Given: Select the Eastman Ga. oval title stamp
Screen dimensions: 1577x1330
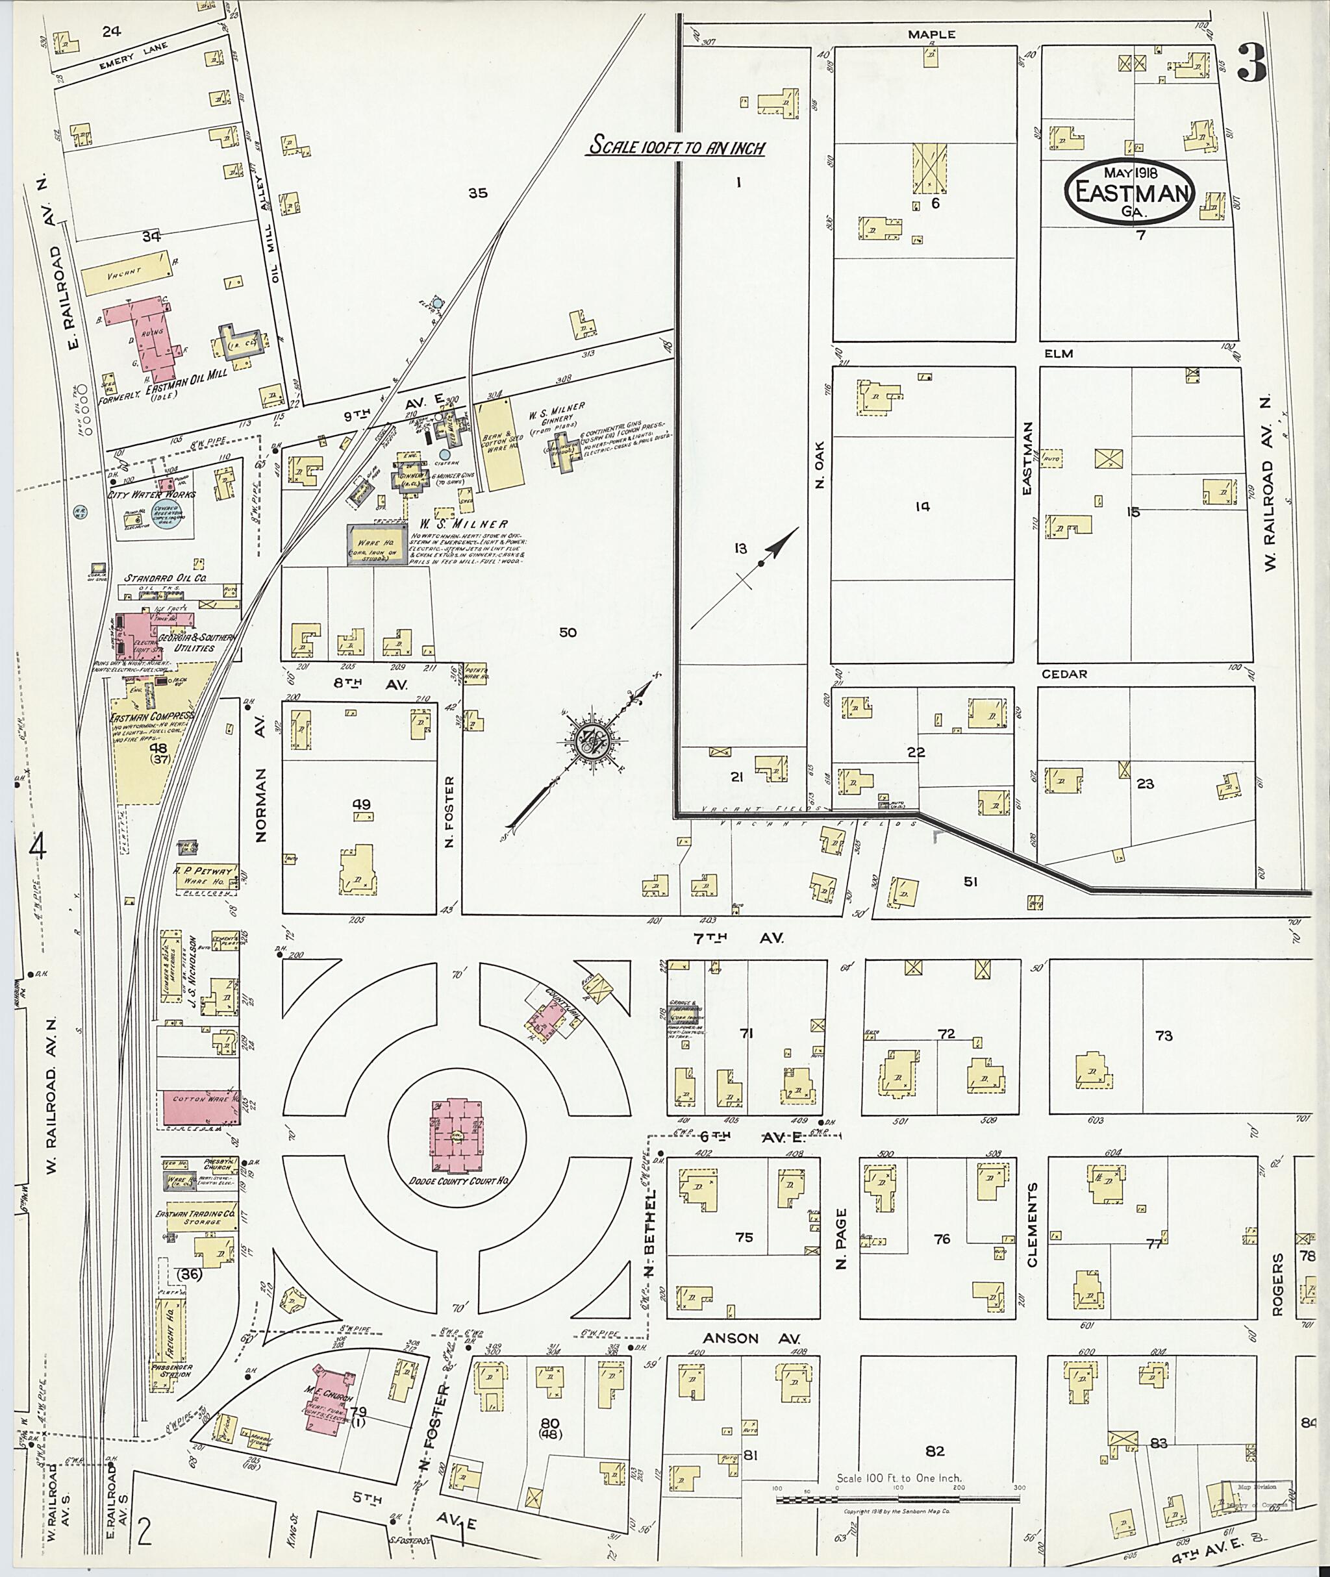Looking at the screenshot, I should point(1129,192).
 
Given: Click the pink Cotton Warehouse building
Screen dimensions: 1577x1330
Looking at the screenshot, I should point(198,1108).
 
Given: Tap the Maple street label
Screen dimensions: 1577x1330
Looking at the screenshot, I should point(931,34).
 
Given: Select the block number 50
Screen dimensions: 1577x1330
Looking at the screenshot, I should point(568,632).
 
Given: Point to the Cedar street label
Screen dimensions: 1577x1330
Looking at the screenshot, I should point(1064,673).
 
